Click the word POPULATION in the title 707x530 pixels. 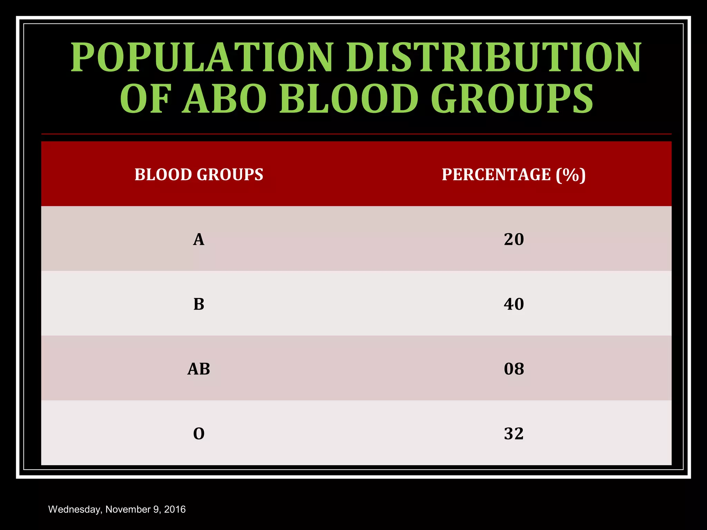click(x=202, y=57)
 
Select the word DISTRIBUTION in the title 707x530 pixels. click(x=494, y=57)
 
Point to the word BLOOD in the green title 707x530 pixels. click(x=349, y=99)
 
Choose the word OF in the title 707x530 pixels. click(x=145, y=99)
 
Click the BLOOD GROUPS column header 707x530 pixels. click(x=199, y=175)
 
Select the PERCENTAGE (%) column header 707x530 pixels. click(x=514, y=175)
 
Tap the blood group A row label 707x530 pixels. click(x=198, y=239)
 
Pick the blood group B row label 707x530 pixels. click(x=199, y=304)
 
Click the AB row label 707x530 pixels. click(x=199, y=369)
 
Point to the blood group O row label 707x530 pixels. click(x=199, y=434)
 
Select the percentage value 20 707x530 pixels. click(x=514, y=239)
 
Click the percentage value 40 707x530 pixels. click(x=514, y=304)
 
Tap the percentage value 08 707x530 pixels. click(x=514, y=369)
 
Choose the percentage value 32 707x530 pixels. click(x=514, y=434)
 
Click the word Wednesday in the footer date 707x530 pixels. click(x=75, y=510)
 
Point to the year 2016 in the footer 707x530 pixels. click(x=175, y=509)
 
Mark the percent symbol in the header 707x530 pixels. click(x=571, y=175)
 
